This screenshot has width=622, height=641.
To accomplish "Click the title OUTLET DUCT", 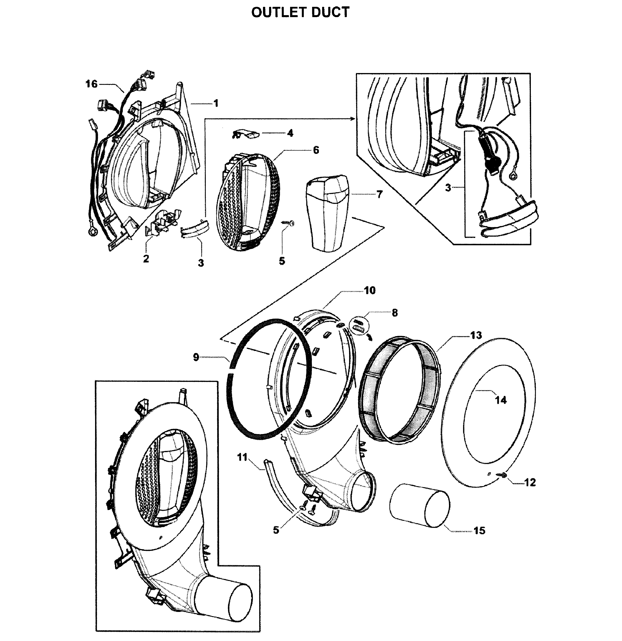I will pyautogui.click(x=300, y=13).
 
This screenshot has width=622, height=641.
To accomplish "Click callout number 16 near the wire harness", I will pyautogui.click(x=91, y=84).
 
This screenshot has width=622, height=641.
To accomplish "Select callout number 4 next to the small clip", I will pyautogui.click(x=290, y=133).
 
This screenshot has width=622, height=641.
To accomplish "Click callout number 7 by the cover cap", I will pyautogui.click(x=379, y=194).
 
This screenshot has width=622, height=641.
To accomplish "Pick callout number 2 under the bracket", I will pyautogui.click(x=146, y=258).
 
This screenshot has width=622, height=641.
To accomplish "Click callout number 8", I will pyautogui.click(x=395, y=313).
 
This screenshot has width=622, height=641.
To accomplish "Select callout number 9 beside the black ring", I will pyautogui.click(x=196, y=357).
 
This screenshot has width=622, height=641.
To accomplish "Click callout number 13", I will pyautogui.click(x=476, y=335).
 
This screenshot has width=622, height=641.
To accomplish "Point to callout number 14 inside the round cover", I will pyautogui.click(x=501, y=400).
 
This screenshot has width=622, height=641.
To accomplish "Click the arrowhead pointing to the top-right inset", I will pyautogui.click(x=353, y=119).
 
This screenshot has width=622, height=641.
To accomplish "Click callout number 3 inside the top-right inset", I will pyautogui.click(x=448, y=188).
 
